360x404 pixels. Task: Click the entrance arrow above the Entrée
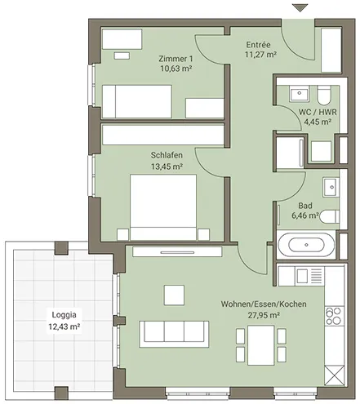(300, 7)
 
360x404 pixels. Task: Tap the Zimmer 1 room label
(176, 59)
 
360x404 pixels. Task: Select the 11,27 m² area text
(260, 55)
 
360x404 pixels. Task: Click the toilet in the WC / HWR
(324, 95)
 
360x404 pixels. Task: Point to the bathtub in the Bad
(306, 245)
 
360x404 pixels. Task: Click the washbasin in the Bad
(331, 187)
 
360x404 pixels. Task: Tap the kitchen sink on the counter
(302, 276)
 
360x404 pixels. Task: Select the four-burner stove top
(334, 316)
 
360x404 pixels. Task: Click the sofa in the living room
(174, 334)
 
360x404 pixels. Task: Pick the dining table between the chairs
(260, 345)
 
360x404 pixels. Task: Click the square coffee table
(174, 295)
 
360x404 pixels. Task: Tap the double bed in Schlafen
(163, 207)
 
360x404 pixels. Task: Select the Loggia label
(64, 315)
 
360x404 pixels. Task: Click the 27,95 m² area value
(264, 315)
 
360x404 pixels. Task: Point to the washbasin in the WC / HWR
(300, 94)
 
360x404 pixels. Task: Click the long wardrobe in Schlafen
(163, 135)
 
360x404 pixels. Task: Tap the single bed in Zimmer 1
(137, 101)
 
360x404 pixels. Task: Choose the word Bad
(305, 206)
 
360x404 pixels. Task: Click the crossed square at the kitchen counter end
(335, 375)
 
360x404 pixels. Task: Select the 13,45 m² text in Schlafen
(167, 166)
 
